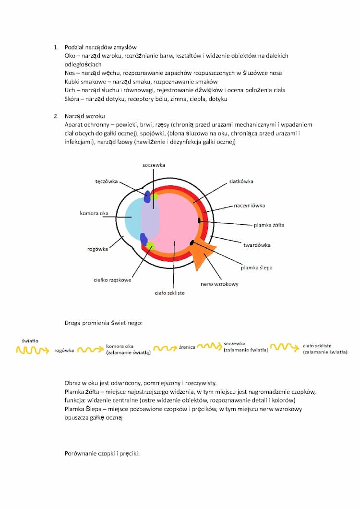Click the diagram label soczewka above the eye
coord(154,165)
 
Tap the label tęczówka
coord(107,182)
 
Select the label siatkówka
coord(241,182)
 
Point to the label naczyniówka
coord(249,206)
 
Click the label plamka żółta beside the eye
coord(269,224)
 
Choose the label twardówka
coord(257,245)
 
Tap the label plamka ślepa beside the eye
coord(256,267)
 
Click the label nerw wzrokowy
coord(219,284)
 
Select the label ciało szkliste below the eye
coord(169,292)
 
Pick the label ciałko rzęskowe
coord(112,280)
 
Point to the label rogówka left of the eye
coord(97,249)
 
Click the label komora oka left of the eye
coord(94,213)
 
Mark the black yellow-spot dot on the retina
coord(199,220)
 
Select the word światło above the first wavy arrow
coord(30,341)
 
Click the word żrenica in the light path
coord(187,347)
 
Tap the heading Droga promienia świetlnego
coord(103,324)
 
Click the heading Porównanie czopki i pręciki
coord(102,453)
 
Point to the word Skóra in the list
coord(72,99)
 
